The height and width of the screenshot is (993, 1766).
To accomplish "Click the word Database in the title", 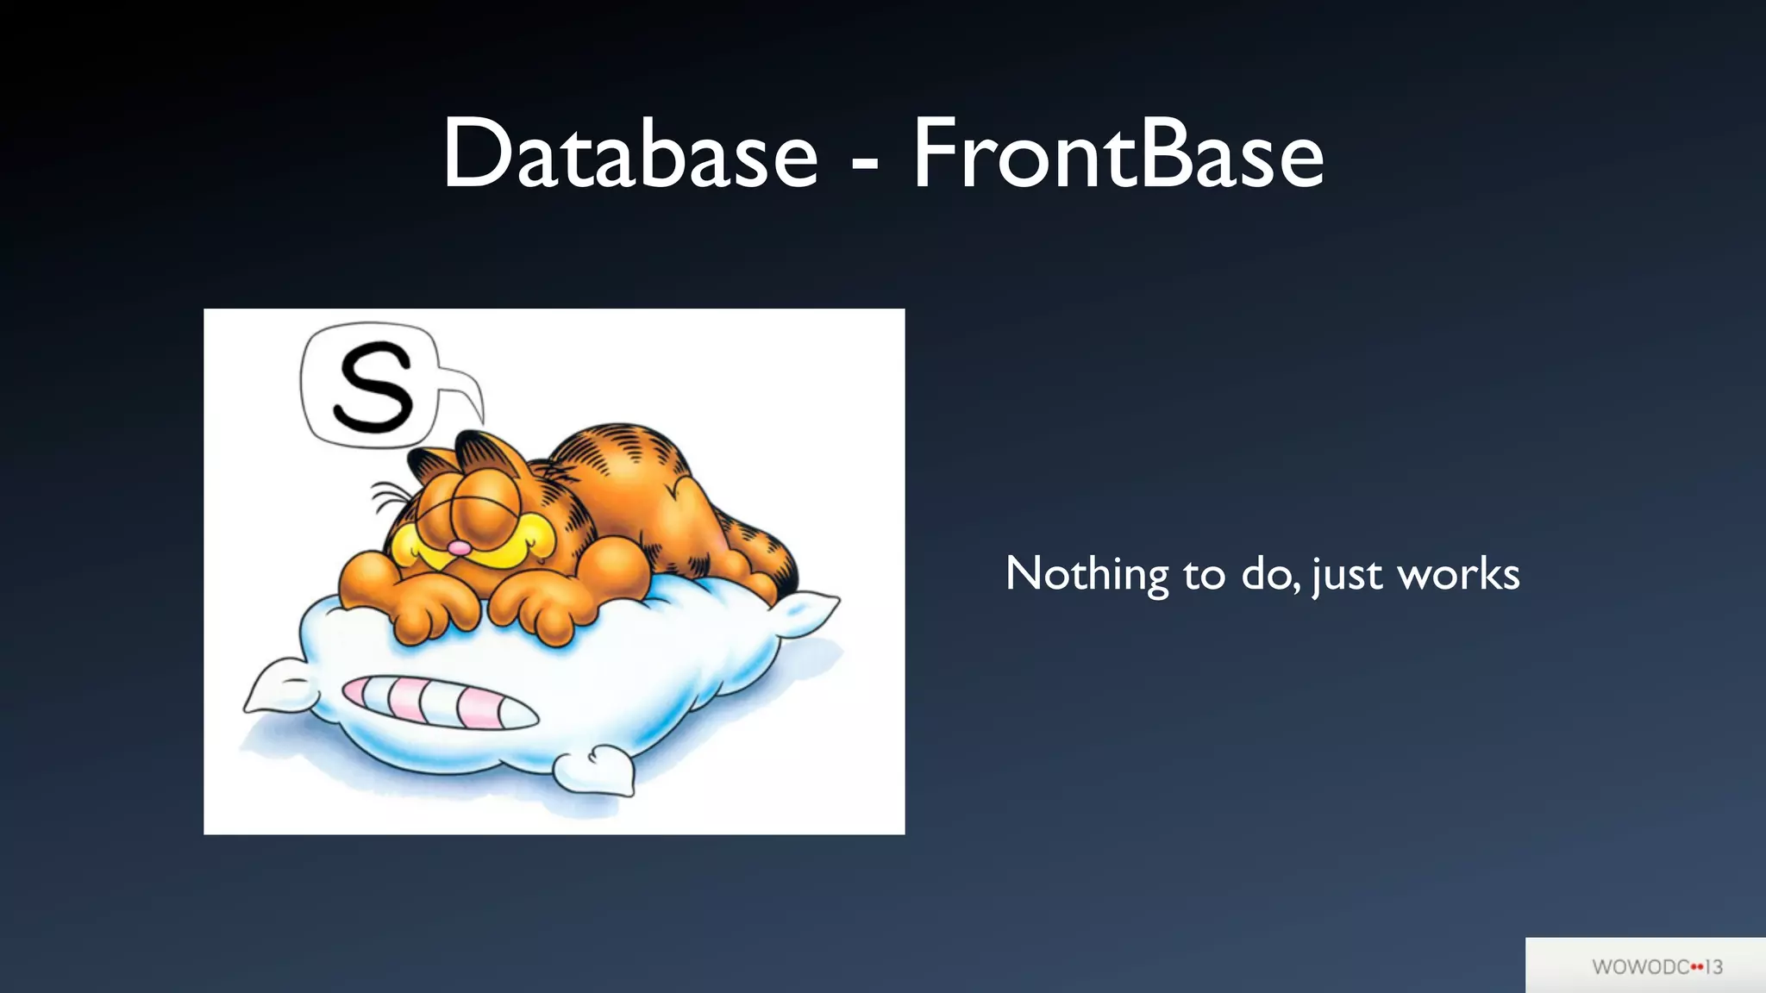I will click(x=629, y=155).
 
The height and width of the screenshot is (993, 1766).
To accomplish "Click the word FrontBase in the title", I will click(x=1118, y=155).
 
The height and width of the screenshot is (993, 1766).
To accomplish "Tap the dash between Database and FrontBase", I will click(x=865, y=160).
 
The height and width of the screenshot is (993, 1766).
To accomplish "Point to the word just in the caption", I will click(x=1346, y=575).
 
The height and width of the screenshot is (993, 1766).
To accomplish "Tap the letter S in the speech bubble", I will click(x=373, y=387).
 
